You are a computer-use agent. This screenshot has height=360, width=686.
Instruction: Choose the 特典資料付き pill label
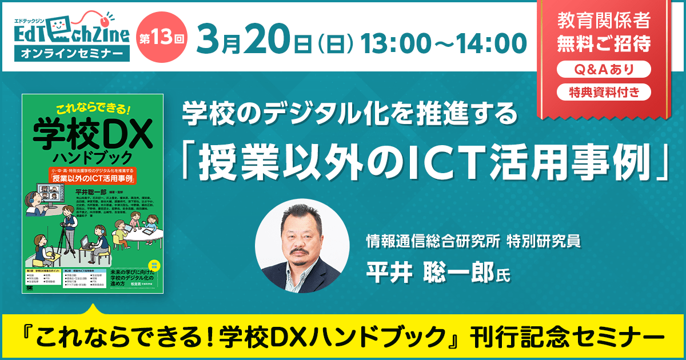[x=604, y=91]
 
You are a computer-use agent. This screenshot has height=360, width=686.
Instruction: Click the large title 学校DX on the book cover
[x=92, y=133]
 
